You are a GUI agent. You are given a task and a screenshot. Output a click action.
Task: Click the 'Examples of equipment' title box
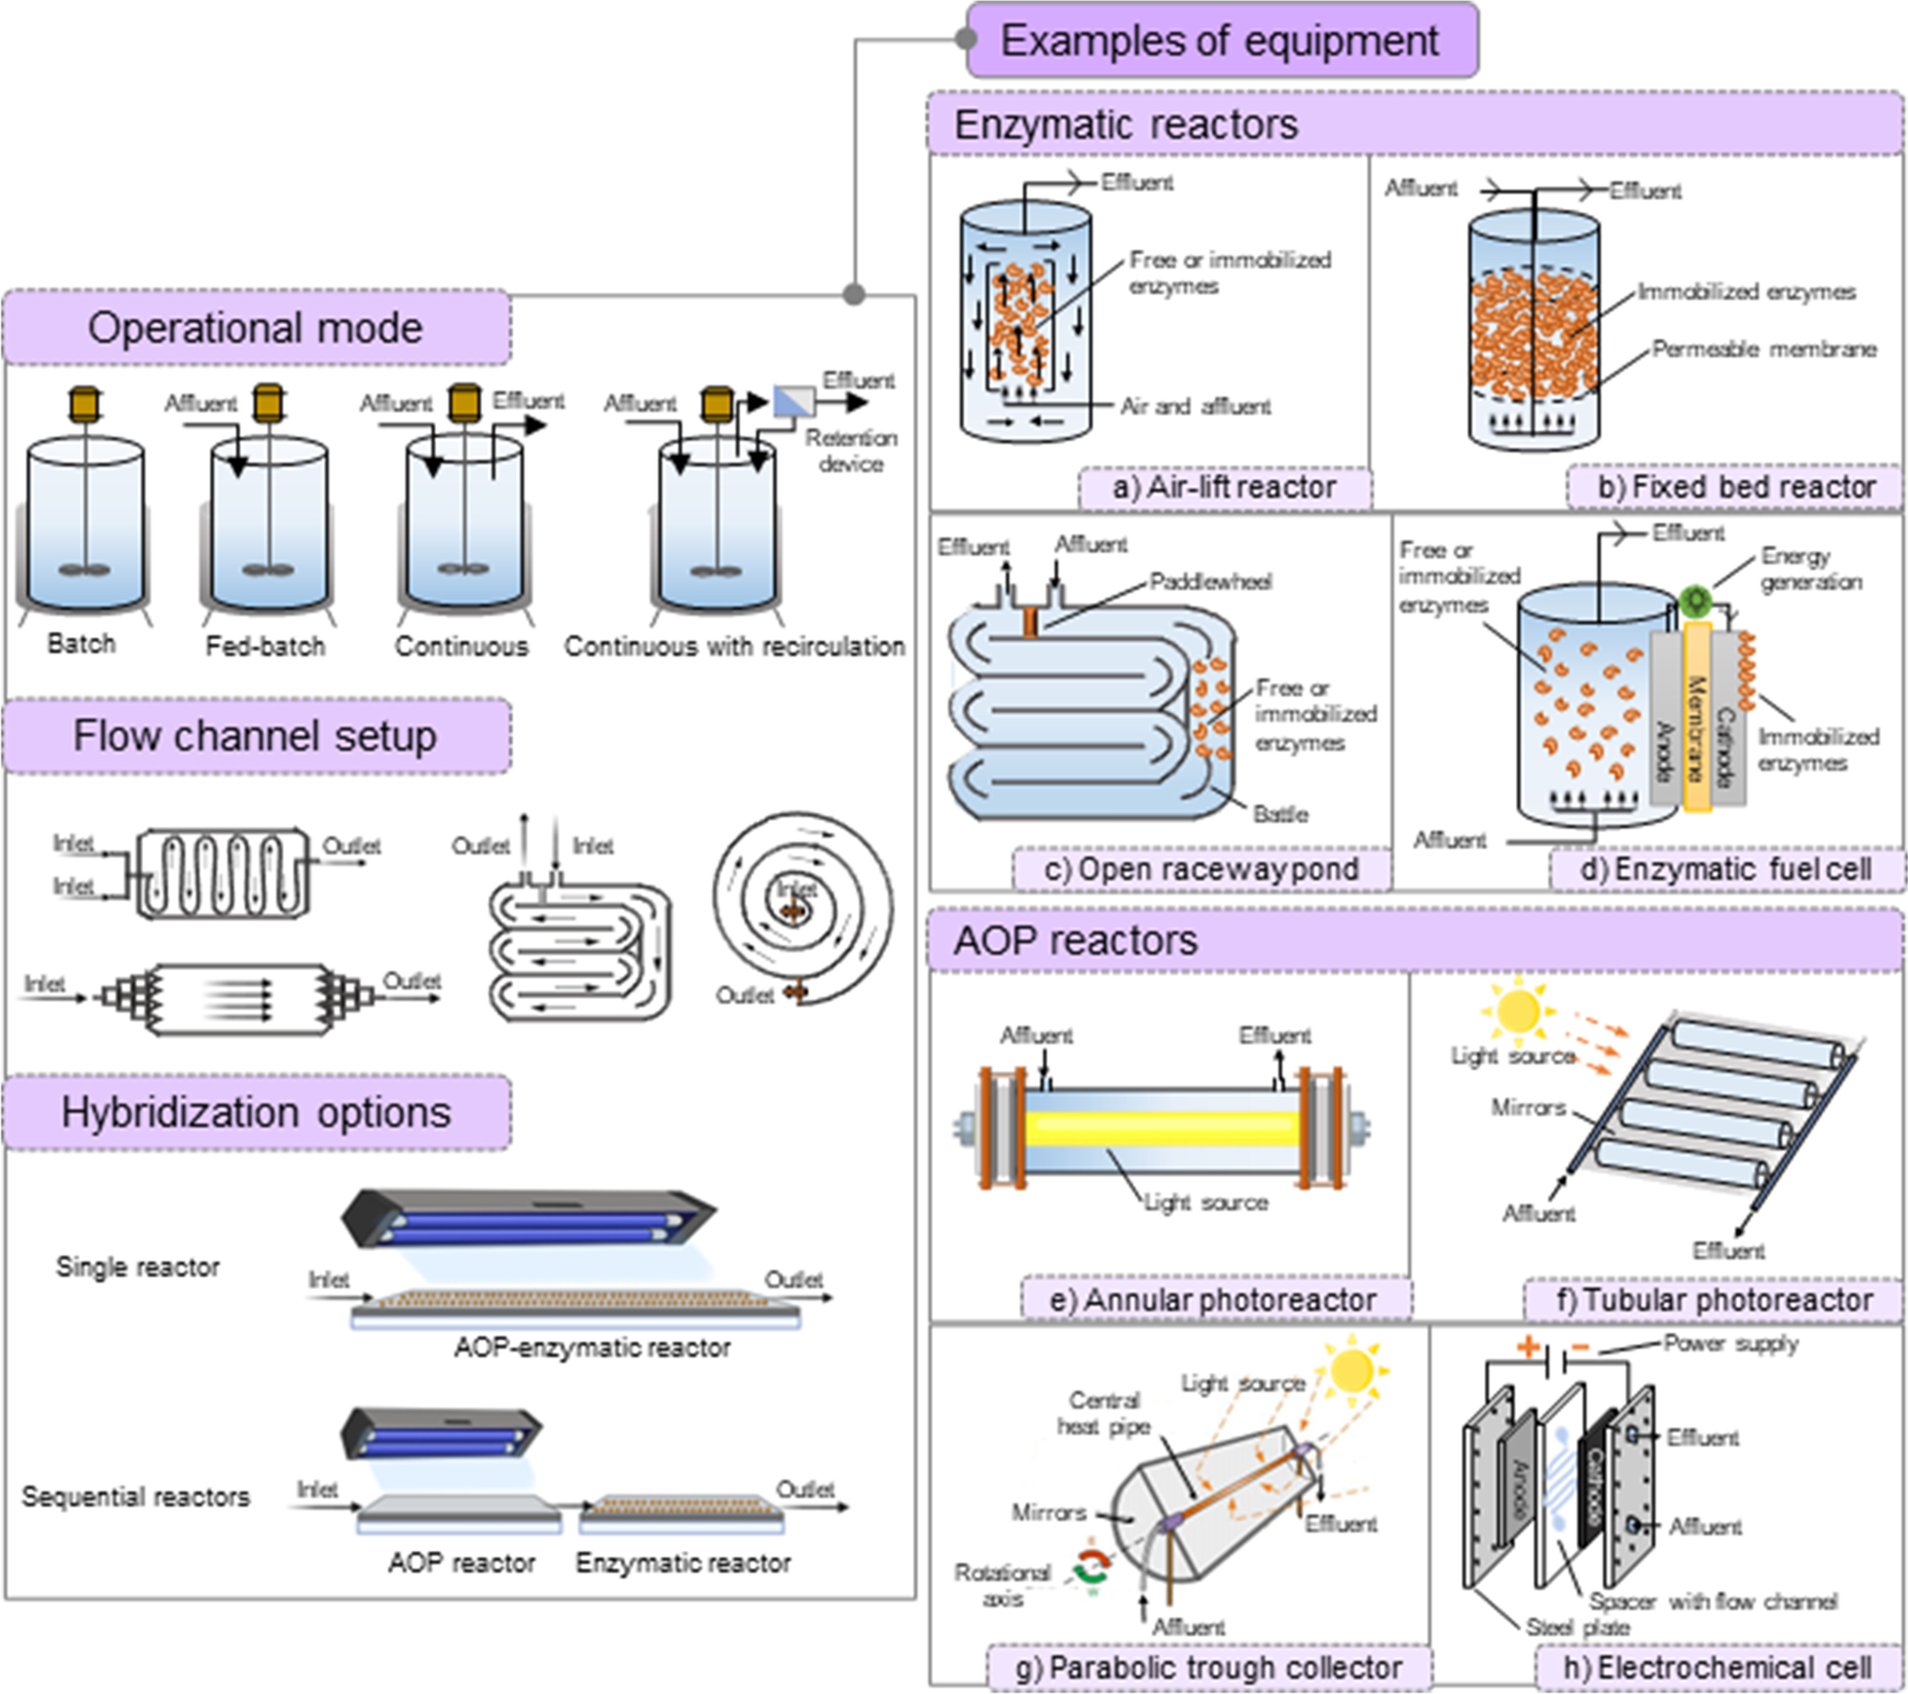[x=1221, y=40]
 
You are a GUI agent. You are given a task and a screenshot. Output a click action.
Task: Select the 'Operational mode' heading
[x=256, y=328]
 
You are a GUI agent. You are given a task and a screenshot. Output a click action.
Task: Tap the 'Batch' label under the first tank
[x=82, y=644]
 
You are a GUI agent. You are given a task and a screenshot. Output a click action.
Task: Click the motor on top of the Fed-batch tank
[x=269, y=401]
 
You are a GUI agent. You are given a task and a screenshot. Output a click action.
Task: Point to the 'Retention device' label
[x=851, y=450]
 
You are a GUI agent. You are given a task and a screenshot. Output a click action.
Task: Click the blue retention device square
[x=793, y=401]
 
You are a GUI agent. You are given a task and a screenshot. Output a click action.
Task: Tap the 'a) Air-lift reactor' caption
[x=1224, y=487]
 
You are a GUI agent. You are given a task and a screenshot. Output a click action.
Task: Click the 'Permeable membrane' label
[x=1763, y=350]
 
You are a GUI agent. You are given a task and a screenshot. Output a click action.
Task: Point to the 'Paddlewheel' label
[x=1211, y=581]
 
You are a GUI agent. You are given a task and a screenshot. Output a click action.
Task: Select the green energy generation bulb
[x=1695, y=600]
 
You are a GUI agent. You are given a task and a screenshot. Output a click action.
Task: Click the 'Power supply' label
[x=1730, y=1343]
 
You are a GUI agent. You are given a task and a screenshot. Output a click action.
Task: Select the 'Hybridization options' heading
[x=256, y=1113]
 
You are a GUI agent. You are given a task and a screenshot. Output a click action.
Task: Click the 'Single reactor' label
[x=137, y=1267]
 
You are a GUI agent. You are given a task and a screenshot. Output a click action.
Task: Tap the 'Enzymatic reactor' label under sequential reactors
[x=683, y=1563]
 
